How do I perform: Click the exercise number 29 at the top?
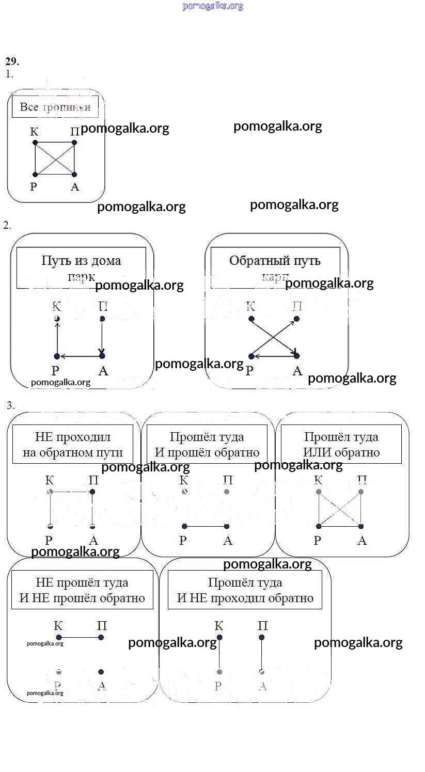pos(12,61)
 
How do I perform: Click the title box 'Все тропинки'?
pos(55,107)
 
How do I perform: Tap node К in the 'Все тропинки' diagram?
pos(35,143)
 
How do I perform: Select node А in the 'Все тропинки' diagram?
pos(74,175)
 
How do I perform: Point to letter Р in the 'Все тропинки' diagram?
pos(34,186)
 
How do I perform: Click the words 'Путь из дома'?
pos(81,260)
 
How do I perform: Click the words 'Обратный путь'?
pos(275,260)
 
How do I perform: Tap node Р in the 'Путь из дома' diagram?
pos(57,356)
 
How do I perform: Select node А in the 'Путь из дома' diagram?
pos(102,356)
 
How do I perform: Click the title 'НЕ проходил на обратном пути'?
pos(73,445)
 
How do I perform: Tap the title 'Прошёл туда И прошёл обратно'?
pos(207,445)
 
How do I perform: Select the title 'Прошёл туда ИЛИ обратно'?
pos(341,445)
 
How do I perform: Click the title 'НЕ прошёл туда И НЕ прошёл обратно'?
pos(82,590)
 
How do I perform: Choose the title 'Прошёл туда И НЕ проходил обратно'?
pos(245,590)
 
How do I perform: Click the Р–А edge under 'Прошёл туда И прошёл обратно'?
pos(206,526)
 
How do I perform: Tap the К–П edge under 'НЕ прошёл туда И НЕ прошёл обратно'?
pos(80,638)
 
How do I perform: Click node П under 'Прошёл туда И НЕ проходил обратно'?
pos(262,638)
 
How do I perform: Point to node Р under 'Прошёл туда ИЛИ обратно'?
pos(319,526)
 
